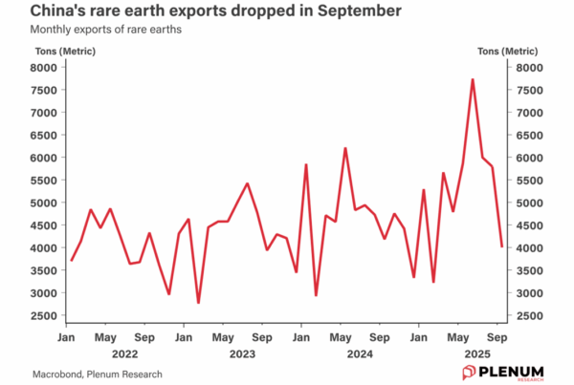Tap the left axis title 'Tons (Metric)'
(45, 51)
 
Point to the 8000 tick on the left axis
(45, 68)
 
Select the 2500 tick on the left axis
(45, 316)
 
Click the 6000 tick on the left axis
(45, 158)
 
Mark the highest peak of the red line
(473, 79)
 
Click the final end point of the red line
(502, 246)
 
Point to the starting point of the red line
(71, 260)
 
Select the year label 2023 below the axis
(242, 353)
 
